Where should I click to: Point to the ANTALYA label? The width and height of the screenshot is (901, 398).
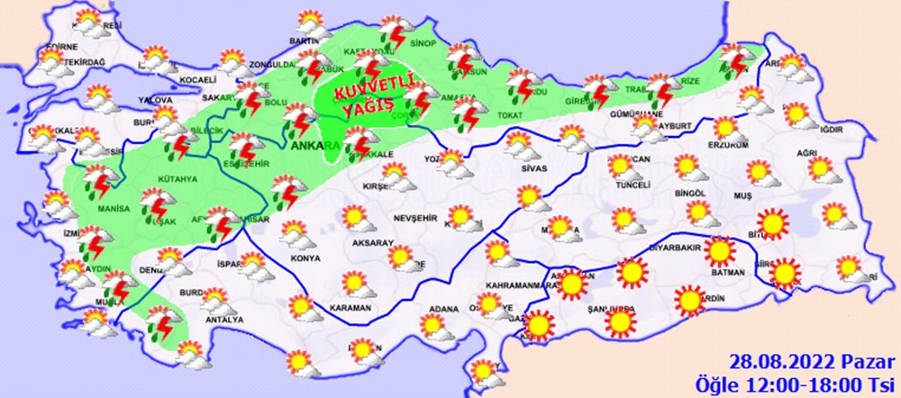coord(225,319)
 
